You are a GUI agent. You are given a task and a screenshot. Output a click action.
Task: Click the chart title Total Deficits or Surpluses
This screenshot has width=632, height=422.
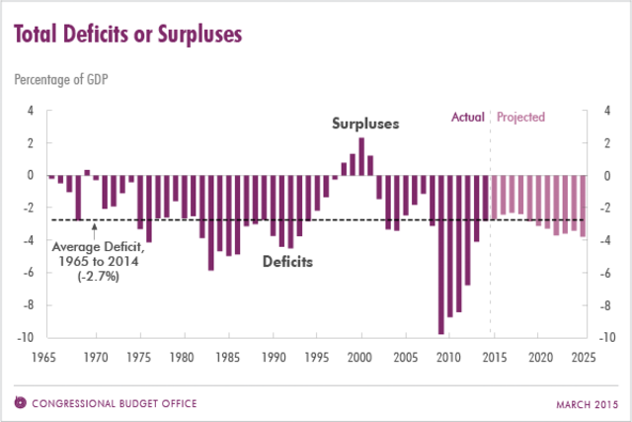[126, 35]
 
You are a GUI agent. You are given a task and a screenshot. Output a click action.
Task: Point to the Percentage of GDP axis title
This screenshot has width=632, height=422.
[60, 79]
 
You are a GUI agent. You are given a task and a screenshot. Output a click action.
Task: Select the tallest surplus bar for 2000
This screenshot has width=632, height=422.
[361, 156]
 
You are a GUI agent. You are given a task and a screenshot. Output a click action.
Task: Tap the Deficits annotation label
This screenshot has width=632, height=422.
[287, 262]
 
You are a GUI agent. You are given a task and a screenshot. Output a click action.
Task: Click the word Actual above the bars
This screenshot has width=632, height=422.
[467, 118]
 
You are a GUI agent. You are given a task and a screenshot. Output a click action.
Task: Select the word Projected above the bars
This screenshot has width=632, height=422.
[520, 118]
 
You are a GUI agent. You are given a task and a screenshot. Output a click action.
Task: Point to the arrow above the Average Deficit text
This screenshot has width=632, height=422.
[94, 231]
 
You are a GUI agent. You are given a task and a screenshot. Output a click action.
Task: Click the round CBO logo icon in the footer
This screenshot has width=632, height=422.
[21, 402]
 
